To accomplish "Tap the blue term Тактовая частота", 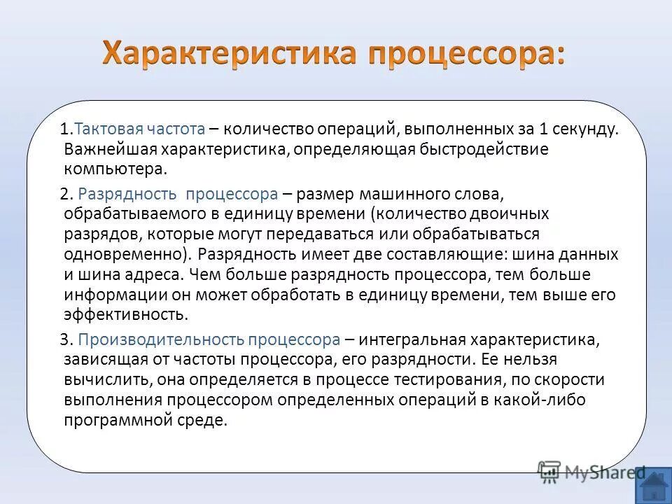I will [x=139, y=129].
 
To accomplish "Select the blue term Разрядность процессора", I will [x=178, y=193].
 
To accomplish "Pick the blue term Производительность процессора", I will [x=209, y=340].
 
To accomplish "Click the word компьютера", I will [x=115, y=169].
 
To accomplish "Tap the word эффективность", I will [x=126, y=314].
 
